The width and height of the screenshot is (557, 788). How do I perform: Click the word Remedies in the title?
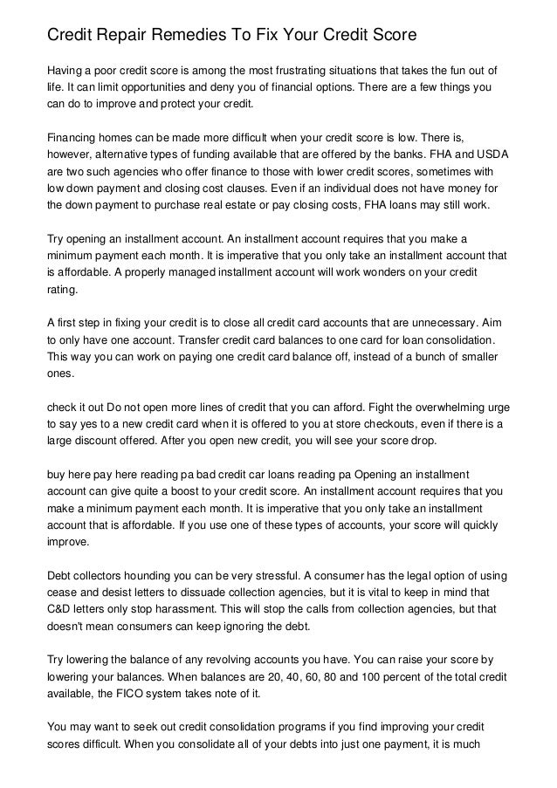[185, 37]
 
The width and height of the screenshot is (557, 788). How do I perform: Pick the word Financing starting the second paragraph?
[75, 137]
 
